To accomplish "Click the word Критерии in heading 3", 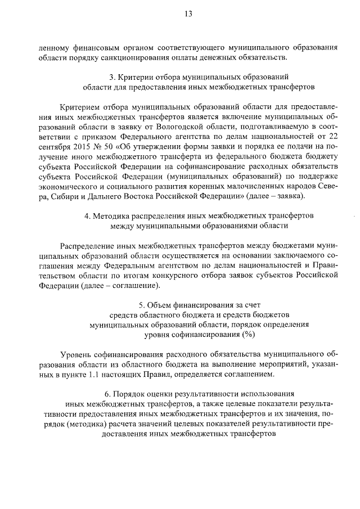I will [141, 78].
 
